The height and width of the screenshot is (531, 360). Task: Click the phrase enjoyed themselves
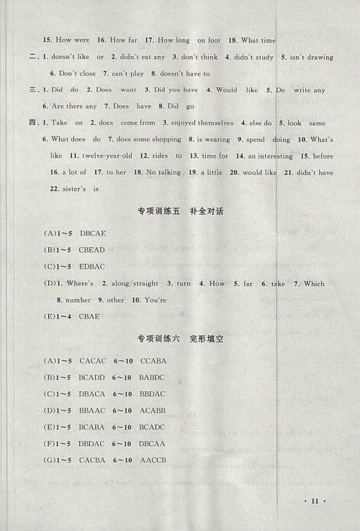(x=197, y=122)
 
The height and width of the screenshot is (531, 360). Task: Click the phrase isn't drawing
(x=308, y=56)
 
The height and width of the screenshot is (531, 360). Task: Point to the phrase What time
(x=257, y=40)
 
